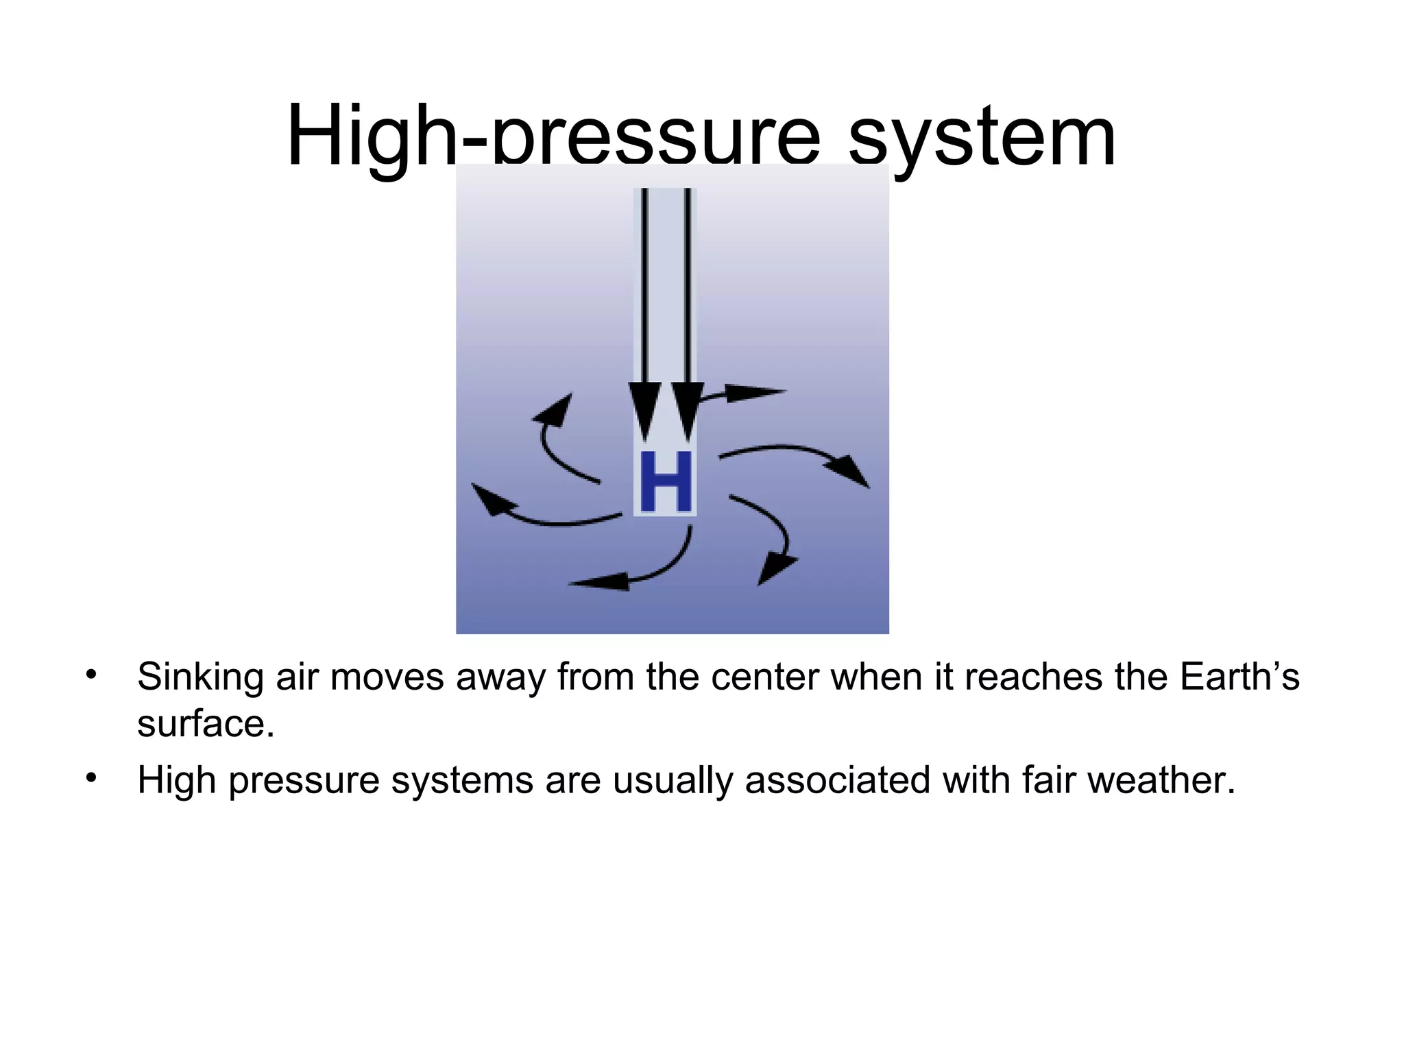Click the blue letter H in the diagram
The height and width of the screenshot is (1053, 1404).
click(664, 482)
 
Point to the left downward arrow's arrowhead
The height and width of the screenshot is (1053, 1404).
click(644, 411)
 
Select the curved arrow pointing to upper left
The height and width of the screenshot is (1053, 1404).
click(552, 435)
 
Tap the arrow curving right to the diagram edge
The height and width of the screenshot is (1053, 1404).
click(802, 456)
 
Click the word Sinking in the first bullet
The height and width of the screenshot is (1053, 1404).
click(200, 677)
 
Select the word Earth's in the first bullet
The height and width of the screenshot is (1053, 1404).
click(1239, 677)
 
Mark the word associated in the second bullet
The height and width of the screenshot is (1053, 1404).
click(837, 780)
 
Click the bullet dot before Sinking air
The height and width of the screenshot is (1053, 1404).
click(91, 675)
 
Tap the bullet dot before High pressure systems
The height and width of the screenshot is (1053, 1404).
click(91, 778)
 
